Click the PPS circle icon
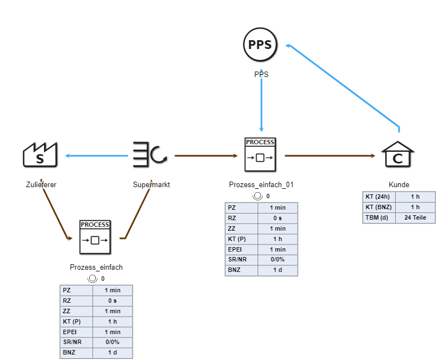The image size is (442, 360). click(x=260, y=45)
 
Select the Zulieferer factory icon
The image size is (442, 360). click(x=40, y=155)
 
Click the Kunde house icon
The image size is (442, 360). click(x=398, y=155)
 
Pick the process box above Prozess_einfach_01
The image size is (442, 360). click(x=260, y=155)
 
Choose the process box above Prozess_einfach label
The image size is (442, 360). click(x=95, y=237)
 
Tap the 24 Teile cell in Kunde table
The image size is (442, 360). click(x=415, y=217)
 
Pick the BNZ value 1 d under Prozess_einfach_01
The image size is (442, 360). click(x=277, y=270)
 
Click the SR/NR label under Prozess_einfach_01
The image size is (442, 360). click(x=241, y=260)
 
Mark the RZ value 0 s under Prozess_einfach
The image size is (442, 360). click(x=112, y=301)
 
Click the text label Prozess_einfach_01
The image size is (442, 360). click(x=261, y=184)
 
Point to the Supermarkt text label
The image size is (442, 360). click(x=151, y=184)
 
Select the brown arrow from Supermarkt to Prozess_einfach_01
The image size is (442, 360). click(x=206, y=156)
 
